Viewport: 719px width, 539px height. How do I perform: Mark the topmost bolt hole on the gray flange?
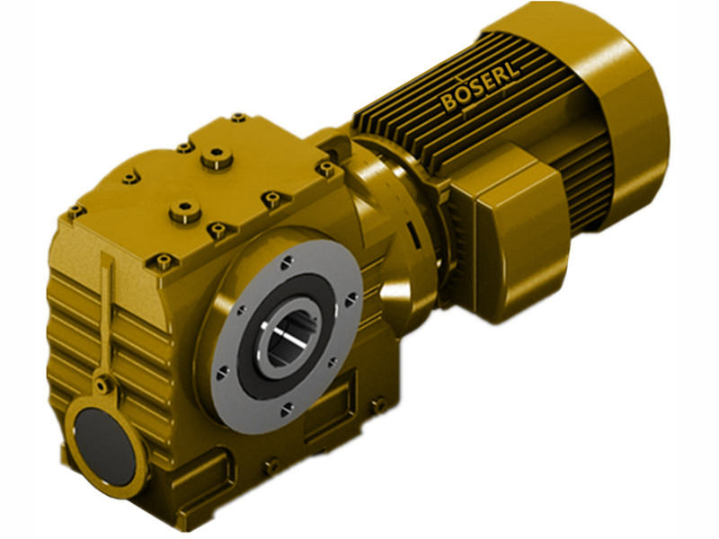(285, 261)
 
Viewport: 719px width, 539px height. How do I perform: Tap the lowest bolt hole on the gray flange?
(287, 410)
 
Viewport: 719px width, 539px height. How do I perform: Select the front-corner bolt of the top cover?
(163, 262)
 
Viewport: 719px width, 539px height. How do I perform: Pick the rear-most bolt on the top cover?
(238, 118)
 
